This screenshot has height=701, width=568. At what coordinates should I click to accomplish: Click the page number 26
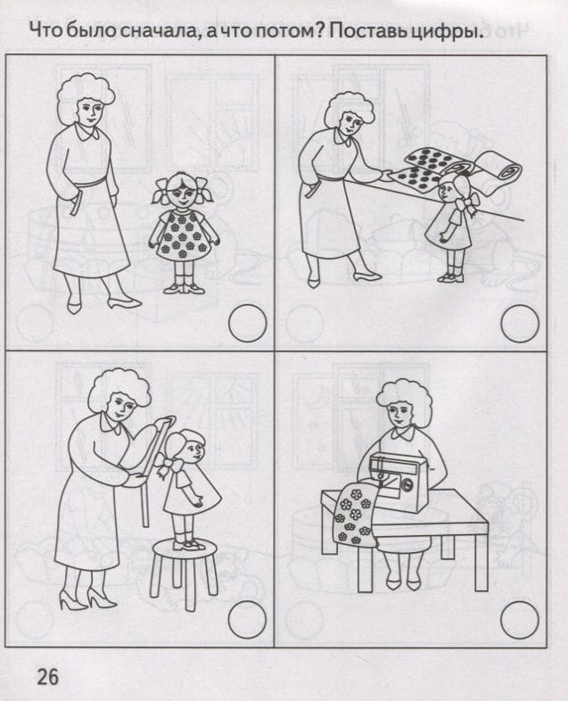[x=47, y=676]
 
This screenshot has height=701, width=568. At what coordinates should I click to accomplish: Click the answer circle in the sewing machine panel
[x=520, y=619]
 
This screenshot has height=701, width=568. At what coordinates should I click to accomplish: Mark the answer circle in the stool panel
[x=247, y=619]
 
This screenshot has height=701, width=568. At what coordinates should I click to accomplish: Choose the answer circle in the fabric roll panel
[x=520, y=323]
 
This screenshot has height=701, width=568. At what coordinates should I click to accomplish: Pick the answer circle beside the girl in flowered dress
[x=247, y=323]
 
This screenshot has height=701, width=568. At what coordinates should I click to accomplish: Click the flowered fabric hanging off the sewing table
[x=354, y=515]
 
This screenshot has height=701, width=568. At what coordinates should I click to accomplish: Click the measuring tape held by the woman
[x=147, y=469]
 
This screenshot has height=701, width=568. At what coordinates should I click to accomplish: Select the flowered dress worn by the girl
[x=183, y=234]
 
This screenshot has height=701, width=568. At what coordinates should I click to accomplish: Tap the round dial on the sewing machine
[x=407, y=484]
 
